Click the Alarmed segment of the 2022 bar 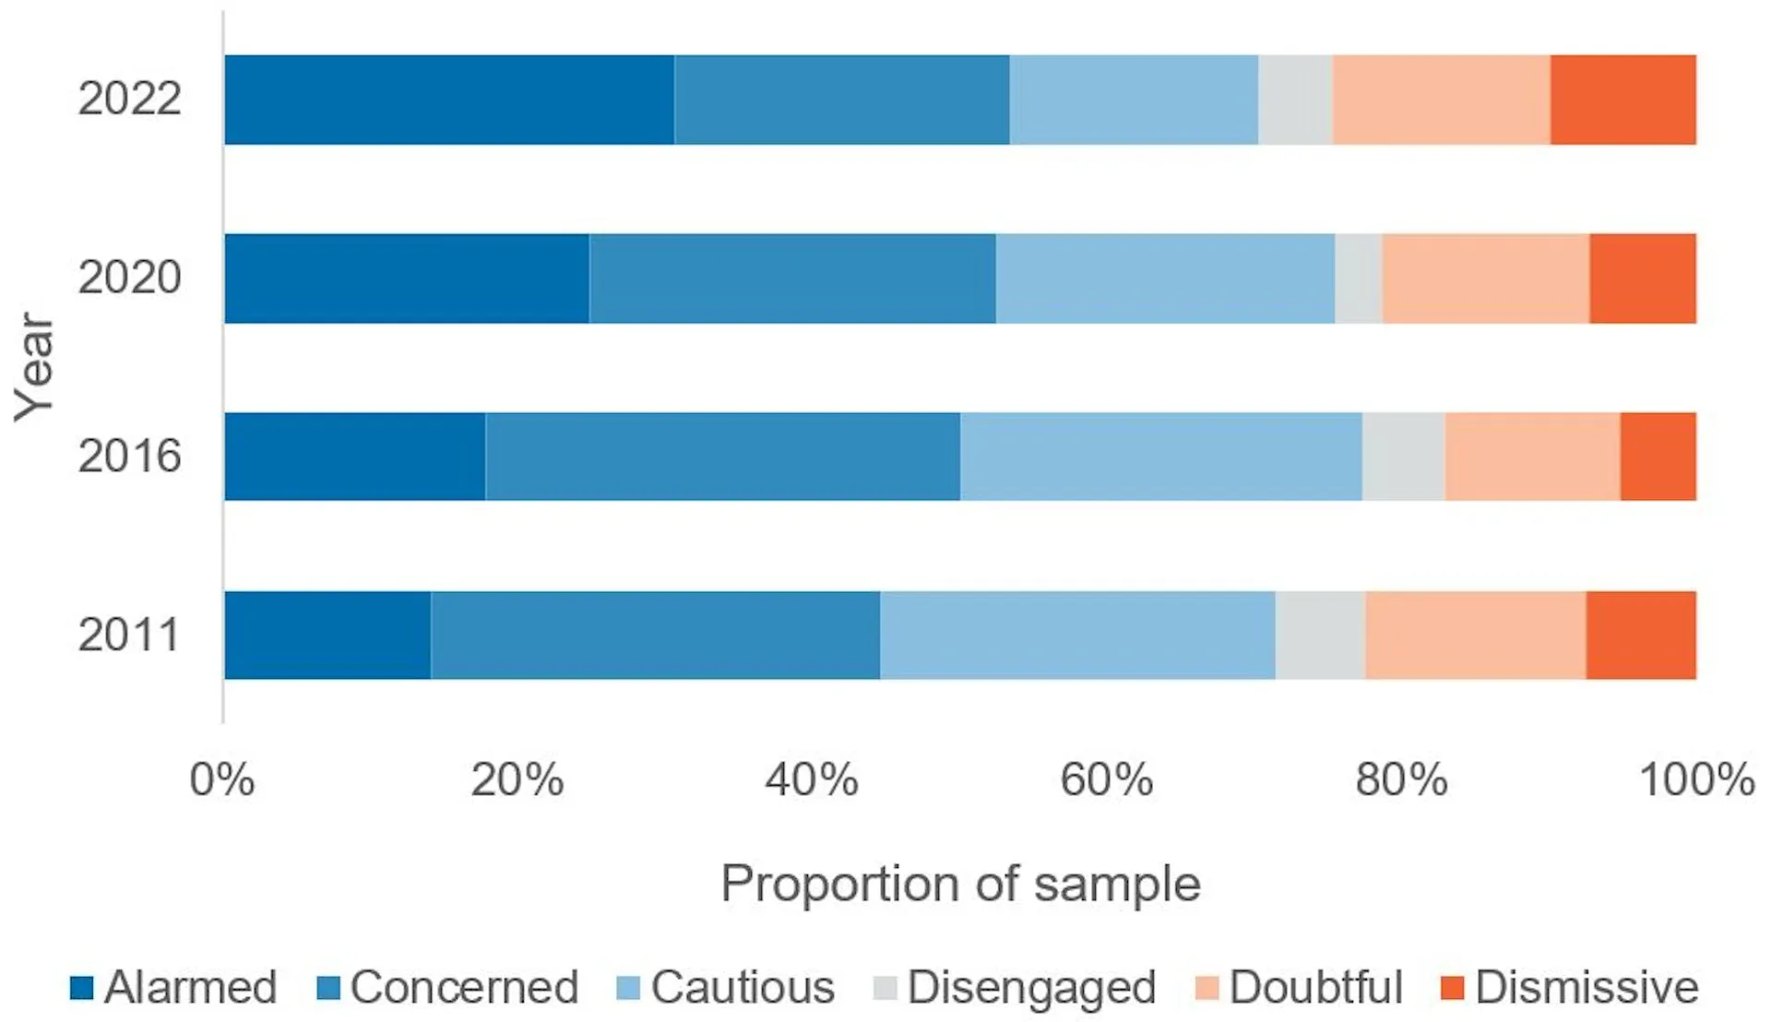coord(449,100)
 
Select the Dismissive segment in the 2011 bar coord(1641,636)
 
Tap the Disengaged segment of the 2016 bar coord(1403,457)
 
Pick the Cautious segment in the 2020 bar coord(1165,279)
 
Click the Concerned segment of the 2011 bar coord(655,636)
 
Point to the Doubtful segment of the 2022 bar coord(1441,100)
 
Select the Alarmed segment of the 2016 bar coord(355,457)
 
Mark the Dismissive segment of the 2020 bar coord(1642,279)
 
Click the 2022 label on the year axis coord(129,99)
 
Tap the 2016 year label coord(129,456)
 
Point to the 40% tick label coord(811,780)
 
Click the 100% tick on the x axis coord(1695,780)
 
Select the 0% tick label coord(221,780)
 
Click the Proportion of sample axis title coord(960,884)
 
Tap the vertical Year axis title coord(35,367)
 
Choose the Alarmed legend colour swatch coord(82,988)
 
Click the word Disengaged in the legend coord(1031,988)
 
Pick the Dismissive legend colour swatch coord(1452,988)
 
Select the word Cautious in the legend coord(743,988)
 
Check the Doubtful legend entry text coord(1315,988)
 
